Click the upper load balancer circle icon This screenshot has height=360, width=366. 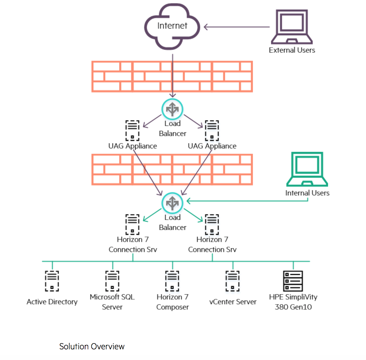pyautogui.click(x=172, y=109)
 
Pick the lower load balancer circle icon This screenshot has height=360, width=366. pyautogui.click(x=172, y=203)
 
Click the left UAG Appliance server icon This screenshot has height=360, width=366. pyautogui.click(x=132, y=131)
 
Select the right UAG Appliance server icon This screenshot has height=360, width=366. pyautogui.click(x=212, y=131)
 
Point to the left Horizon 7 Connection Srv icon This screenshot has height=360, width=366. pyautogui.click(x=132, y=224)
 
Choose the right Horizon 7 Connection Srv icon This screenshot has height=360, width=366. pyautogui.click(x=212, y=224)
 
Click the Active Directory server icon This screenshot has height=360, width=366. pyautogui.click(x=52, y=281)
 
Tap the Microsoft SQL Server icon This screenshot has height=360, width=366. pyautogui.click(x=112, y=281)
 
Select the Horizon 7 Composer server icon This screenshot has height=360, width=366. pyautogui.click(x=172, y=281)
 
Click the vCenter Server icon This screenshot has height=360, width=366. pyautogui.click(x=232, y=281)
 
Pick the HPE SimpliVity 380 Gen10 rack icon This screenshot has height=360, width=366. pyautogui.click(x=293, y=281)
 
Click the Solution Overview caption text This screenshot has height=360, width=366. pyautogui.click(x=92, y=346)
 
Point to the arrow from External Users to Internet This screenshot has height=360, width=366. pyautogui.click(x=236, y=27)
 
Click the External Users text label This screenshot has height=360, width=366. pyautogui.click(x=292, y=50)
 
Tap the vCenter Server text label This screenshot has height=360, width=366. pyautogui.click(x=233, y=302)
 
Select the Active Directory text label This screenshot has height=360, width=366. pyautogui.click(x=52, y=302)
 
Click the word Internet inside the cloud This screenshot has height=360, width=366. pyautogui.click(x=172, y=26)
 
